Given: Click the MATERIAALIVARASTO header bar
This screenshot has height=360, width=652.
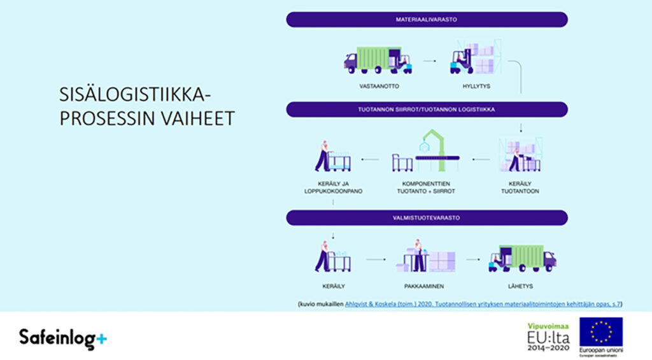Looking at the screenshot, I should (426, 20).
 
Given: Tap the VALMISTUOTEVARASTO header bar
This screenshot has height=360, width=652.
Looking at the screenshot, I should (426, 218).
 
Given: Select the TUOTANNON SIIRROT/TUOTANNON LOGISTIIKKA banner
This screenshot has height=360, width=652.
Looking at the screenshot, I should (426, 110).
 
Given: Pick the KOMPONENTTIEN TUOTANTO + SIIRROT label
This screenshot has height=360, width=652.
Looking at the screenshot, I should (426, 187).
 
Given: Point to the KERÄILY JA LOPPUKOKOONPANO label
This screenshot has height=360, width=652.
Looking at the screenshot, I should (333, 187).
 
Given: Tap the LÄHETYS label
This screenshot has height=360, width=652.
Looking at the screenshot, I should (521, 286).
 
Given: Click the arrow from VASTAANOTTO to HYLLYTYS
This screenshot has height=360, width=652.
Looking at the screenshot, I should (429, 61).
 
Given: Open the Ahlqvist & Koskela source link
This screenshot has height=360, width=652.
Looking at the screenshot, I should (482, 304).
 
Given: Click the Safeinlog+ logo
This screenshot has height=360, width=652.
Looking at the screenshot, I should (62, 338).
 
